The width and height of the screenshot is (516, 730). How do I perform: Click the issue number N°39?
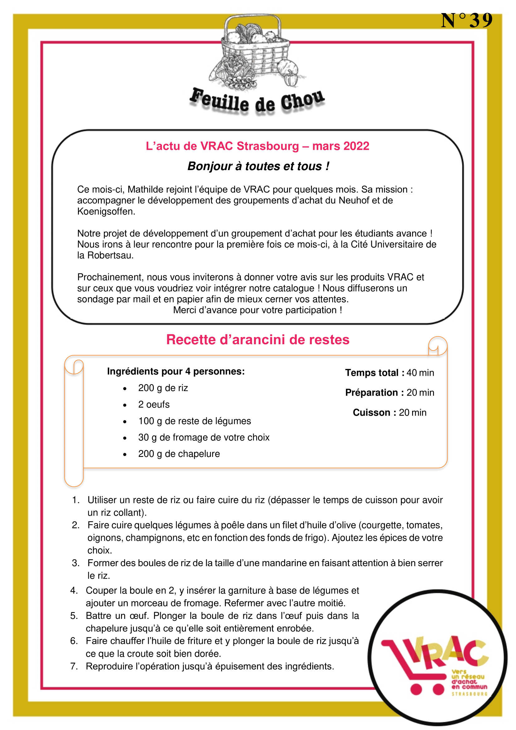point(466,21)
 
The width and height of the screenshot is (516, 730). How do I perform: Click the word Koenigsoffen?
point(106,211)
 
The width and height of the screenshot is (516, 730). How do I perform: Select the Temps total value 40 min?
point(420,373)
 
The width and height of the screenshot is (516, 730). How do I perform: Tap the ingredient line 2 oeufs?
point(154,404)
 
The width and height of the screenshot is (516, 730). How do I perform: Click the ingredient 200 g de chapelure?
point(179,454)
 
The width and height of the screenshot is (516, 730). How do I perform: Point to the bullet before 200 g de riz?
point(125,389)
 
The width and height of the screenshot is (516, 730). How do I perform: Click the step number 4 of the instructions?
point(74,590)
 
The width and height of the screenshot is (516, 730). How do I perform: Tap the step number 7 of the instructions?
point(74,666)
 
